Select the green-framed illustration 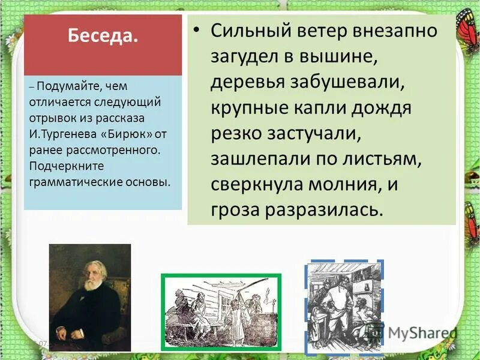tap(221, 310)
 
